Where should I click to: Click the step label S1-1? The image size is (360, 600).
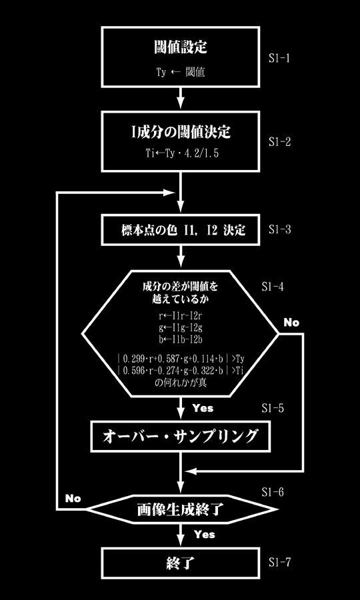coord(279,59)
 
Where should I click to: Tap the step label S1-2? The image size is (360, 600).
coord(279,142)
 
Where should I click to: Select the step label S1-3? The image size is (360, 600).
coord(279,229)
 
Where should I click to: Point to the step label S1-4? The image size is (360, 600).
coord(273,287)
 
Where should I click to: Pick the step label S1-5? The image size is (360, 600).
coord(273,408)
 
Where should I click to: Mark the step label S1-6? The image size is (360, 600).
coord(273,492)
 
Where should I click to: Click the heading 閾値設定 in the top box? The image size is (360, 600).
coord(181,48)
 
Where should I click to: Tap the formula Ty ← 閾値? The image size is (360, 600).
coord(181,72)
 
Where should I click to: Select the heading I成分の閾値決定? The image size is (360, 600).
coord(181,131)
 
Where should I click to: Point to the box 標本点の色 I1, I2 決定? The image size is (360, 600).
coord(181,231)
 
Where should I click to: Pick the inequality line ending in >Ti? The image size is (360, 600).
coord(181,371)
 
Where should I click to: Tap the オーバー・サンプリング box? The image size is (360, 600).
coord(181,436)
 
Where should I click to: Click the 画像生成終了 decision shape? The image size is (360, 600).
coord(181,509)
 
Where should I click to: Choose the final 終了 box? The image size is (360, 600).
coord(181,563)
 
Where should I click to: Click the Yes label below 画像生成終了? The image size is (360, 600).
coord(204,534)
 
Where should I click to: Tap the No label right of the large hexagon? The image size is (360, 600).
coord(291,323)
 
